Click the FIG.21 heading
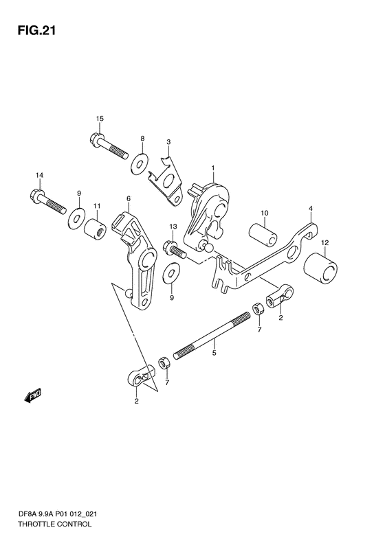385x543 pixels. (x=36, y=30)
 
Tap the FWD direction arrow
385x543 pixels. (x=33, y=395)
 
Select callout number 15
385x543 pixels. (x=100, y=119)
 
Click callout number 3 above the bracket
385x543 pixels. (x=168, y=141)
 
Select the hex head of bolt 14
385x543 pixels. (x=36, y=194)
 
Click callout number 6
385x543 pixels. (x=129, y=198)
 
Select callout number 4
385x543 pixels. (x=311, y=209)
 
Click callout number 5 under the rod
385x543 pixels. (x=214, y=353)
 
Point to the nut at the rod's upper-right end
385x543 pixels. (x=258, y=308)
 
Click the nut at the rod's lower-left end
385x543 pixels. (x=164, y=363)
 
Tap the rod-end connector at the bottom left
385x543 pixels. (x=141, y=376)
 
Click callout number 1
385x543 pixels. (x=213, y=168)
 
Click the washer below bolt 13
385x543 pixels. (x=171, y=273)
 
